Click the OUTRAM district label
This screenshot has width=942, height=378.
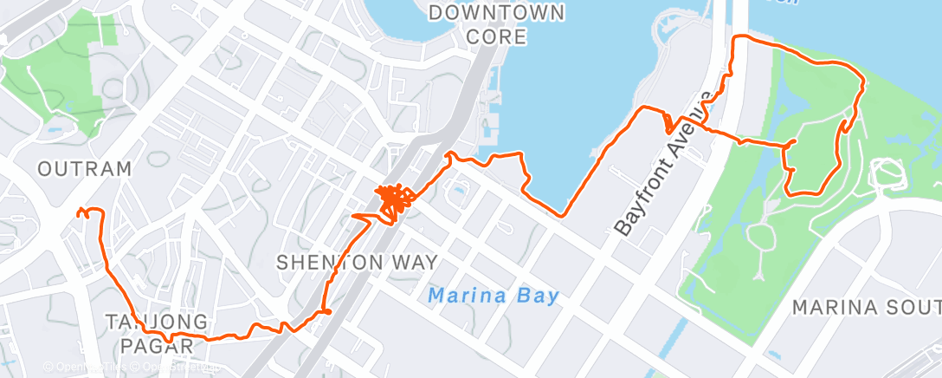click(x=85, y=168)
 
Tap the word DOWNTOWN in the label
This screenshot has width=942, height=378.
click(x=496, y=13)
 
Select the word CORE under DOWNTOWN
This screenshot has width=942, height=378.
click(x=496, y=36)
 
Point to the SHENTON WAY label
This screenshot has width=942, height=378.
click(x=357, y=261)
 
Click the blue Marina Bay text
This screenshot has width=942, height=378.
click(x=494, y=297)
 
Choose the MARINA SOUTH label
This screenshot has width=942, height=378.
click(x=866, y=308)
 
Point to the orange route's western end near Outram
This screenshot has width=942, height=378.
click(x=80, y=211)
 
